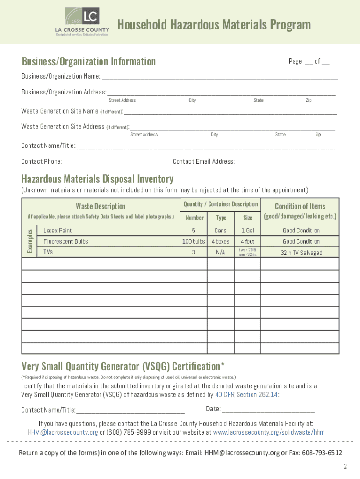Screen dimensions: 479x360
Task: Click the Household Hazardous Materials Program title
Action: point(214,25)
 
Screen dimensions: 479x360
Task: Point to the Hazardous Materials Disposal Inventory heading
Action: point(97,179)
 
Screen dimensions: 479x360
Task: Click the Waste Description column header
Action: point(101,206)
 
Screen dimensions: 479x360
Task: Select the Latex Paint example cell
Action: point(58,231)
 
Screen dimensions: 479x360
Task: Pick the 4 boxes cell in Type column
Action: point(221,242)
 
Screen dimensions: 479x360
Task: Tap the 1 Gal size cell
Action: point(247,231)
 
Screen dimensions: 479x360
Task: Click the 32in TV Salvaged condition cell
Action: point(301,253)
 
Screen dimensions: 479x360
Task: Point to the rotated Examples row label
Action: point(29,241)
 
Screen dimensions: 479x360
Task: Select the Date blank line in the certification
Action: point(268,410)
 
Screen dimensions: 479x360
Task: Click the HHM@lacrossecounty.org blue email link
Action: point(62,432)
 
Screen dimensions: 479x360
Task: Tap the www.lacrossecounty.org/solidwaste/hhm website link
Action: point(268,432)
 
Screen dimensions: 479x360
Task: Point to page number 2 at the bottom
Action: point(345,467)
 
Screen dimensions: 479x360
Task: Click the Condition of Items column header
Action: point(300,206)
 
